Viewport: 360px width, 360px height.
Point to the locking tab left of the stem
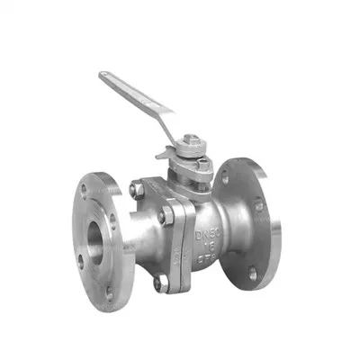click(x=164, y=154)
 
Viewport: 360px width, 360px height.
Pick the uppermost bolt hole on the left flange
click(x=86, y=191)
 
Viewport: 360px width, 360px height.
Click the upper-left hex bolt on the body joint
click(x=136, y=190)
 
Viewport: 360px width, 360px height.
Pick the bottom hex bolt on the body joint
click(x=159, y=282)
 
